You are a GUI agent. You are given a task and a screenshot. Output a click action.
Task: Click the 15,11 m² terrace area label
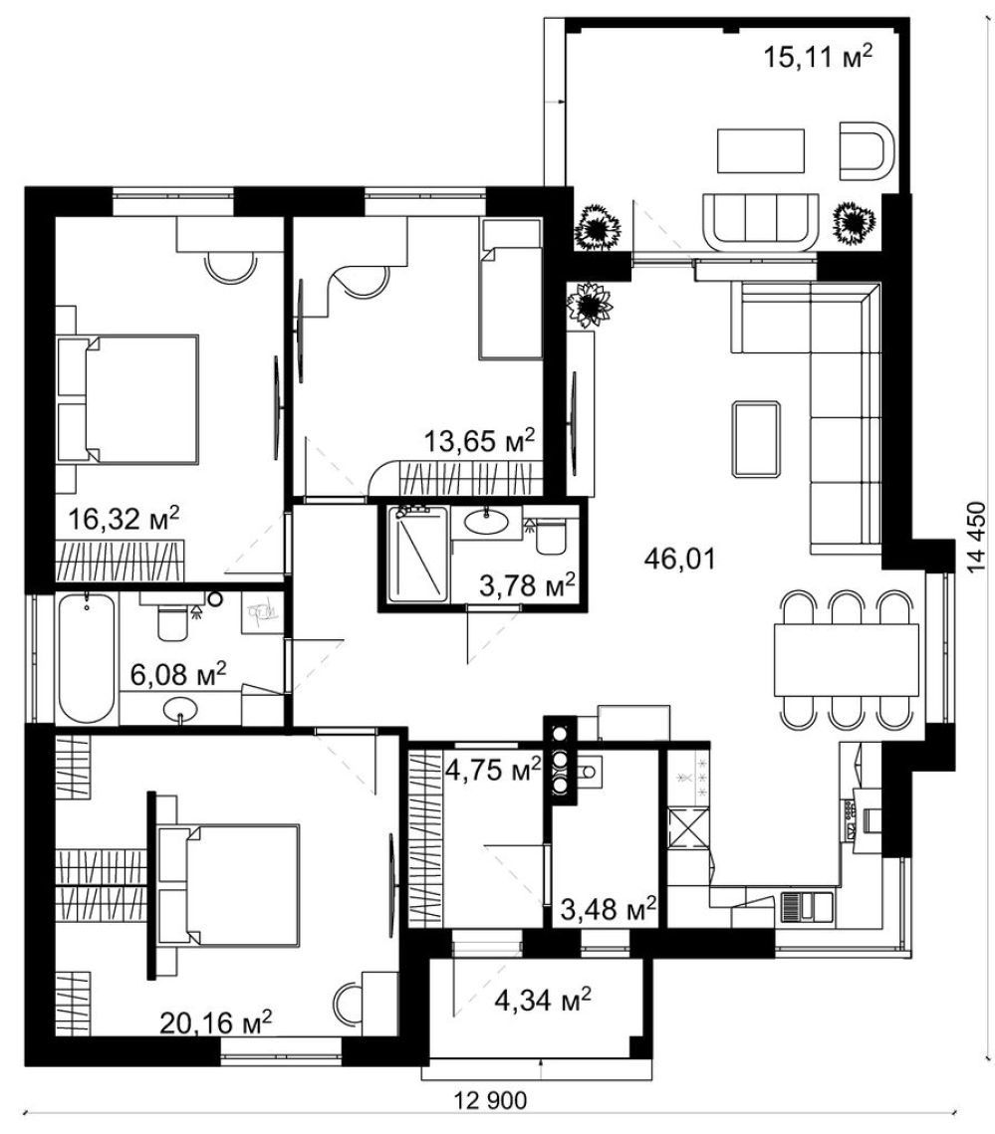(818, 56)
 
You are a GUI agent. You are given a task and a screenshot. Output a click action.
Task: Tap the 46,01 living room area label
(679, 559)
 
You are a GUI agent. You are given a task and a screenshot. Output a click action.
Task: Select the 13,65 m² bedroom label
(479, 440)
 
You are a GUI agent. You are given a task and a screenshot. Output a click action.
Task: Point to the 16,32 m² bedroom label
(124, 519)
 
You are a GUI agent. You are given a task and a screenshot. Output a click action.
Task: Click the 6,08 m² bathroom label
(178, 674)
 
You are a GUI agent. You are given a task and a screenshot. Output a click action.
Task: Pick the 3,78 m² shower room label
(528, 585)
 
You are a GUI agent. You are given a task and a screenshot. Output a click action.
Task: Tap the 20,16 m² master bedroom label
(216, 1022)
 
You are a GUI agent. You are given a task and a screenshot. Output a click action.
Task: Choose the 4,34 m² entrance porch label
(543, 1001)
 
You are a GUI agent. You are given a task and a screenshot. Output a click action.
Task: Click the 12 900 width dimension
(491, 1101)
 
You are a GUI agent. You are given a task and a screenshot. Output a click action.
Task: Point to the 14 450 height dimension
(977, 537)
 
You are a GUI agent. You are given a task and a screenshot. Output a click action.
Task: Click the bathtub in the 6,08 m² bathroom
(86, 658)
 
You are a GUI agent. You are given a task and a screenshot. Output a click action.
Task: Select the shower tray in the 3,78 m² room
(418, 554)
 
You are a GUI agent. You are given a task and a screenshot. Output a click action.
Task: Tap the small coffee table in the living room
(757, 440)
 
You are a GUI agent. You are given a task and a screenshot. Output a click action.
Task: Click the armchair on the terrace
(867, 150)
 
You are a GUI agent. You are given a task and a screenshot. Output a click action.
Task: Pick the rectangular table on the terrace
(761, 150)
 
